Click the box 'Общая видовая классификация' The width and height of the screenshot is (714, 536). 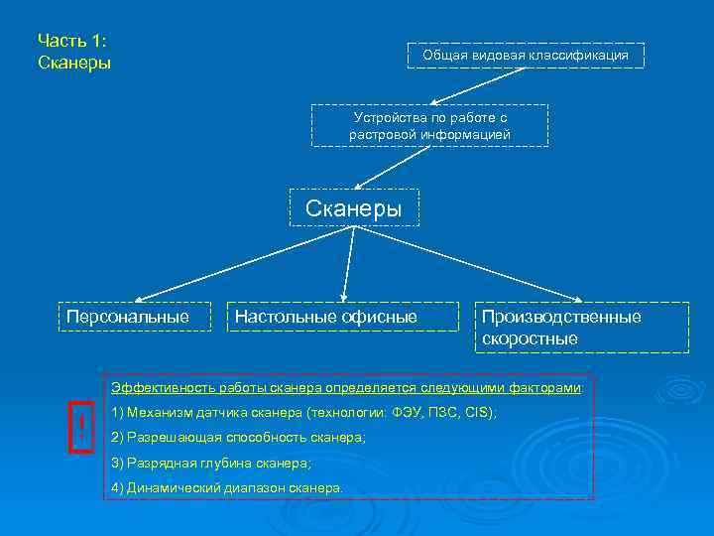coord(526,56)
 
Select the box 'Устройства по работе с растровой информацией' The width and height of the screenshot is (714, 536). coord(430,125)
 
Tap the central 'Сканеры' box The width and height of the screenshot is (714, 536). coord(354,208)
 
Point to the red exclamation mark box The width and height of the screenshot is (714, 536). coord(80,428)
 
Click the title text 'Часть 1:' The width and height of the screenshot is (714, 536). coord(71,41)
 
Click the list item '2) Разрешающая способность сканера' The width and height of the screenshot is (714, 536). coord(238,438)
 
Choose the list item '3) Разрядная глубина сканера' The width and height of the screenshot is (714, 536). coord(211,464)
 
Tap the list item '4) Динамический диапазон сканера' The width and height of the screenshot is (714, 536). coord(227,488)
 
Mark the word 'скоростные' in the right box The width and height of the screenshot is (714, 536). coord(530,338)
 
